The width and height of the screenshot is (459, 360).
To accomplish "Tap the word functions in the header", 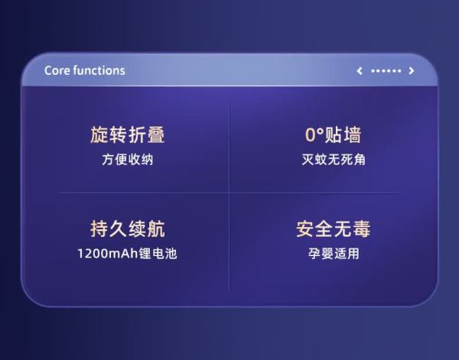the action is click(x=99, y=70).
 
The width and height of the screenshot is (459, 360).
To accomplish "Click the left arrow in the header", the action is click(x=360, y=71).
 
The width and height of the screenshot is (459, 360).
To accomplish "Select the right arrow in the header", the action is click(x=412, y=71).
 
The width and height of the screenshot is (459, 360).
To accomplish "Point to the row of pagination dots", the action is click(x=386, y=71).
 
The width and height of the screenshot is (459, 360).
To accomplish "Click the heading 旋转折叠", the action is click(x=127, y=135).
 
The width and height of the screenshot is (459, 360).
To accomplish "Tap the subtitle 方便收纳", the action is click(x=127, y=160).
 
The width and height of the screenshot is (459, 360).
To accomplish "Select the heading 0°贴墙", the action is click(x=334, y=135).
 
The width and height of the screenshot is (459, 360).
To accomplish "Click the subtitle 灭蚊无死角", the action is click(x=334, y=160).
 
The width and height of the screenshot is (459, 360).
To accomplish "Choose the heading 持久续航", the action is click(x=127, y=229).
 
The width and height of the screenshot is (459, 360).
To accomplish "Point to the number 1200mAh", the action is click(x=108, y=253).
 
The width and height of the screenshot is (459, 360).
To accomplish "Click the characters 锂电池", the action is click(x=158, y=253).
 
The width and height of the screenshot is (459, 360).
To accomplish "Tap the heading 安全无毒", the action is click(x=334, y=229).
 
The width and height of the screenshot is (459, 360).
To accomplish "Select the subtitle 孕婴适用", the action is click(x=334, y=253).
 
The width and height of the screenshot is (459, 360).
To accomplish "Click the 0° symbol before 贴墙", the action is click(x=314, y=135).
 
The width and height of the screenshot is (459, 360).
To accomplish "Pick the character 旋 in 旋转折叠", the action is click(x=99, y=135).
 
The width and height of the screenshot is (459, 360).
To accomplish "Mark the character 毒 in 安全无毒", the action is click(x=362, y=229).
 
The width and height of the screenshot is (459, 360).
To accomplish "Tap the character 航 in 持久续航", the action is click(x=156, y=229).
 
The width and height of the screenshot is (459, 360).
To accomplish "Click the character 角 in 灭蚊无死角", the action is click(x=360, y=160).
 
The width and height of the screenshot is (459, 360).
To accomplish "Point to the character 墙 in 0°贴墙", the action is click(x=353, y=135).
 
